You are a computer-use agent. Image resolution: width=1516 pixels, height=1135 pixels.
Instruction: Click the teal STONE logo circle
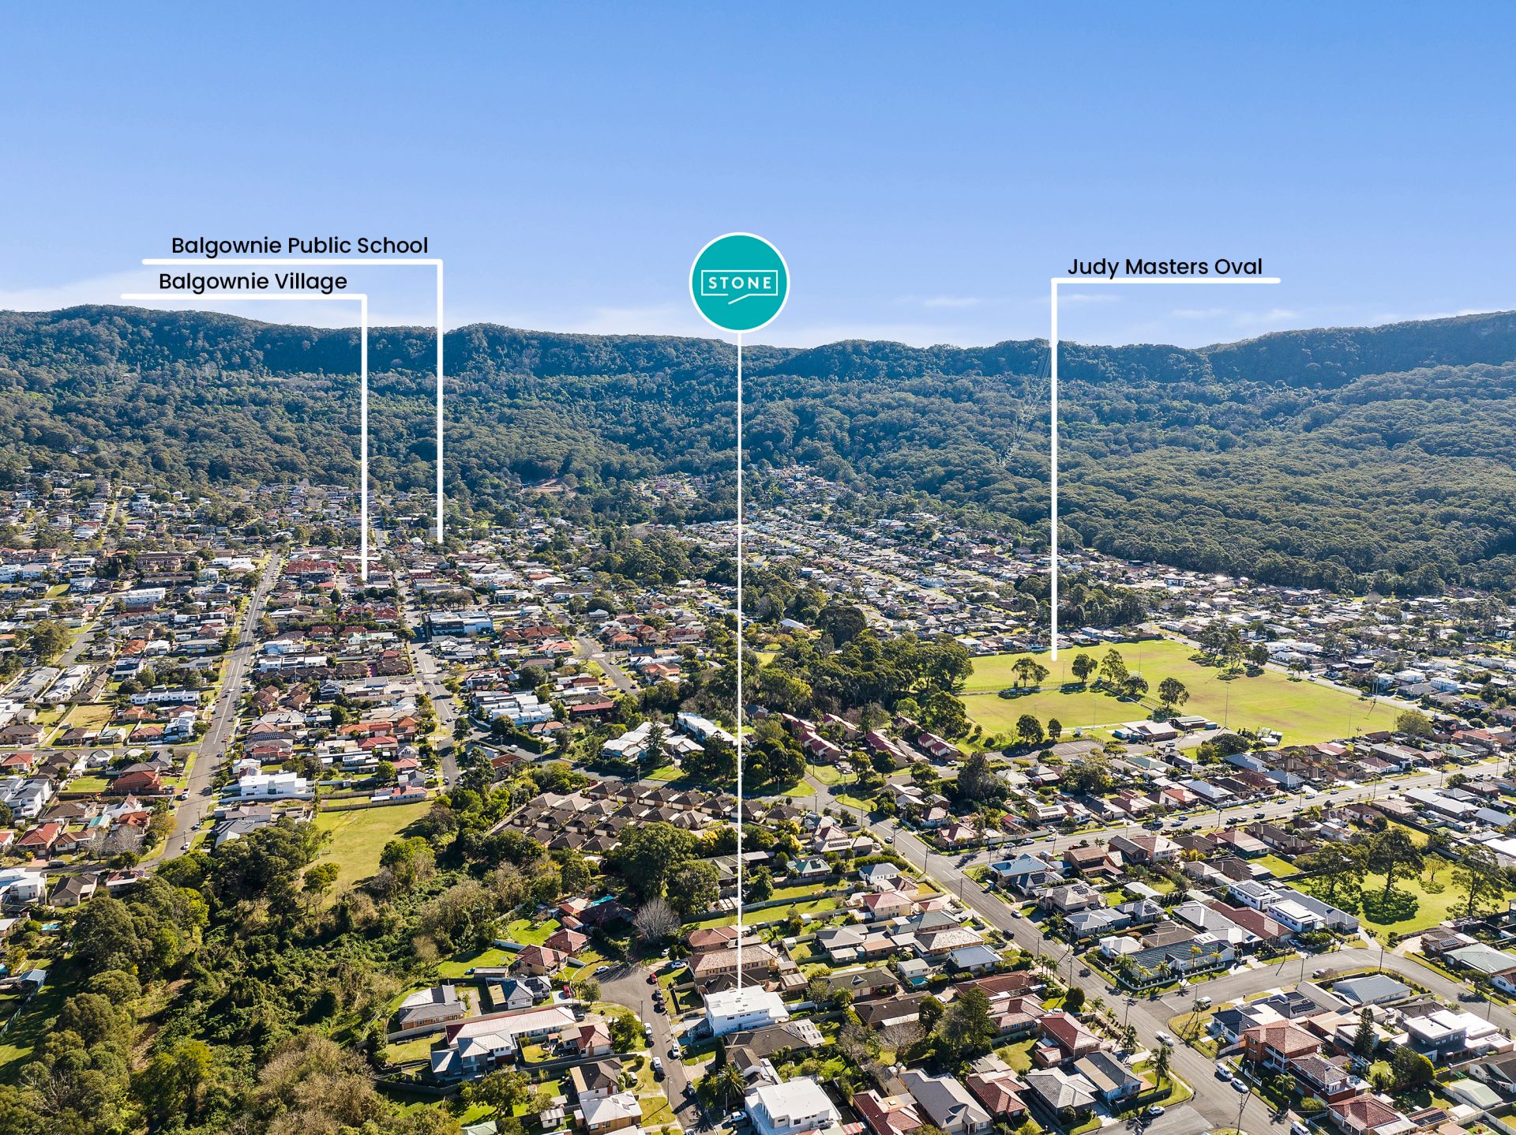pos(739,282)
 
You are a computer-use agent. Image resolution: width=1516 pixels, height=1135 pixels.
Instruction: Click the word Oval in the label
pos(1238,267)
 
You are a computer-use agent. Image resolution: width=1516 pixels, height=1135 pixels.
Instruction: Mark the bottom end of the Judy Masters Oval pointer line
pos(1054,658)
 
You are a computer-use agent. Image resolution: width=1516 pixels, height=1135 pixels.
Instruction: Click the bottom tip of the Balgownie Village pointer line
pos(364,578)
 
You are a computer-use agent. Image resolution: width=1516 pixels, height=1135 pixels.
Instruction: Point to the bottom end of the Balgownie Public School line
pos(440,539)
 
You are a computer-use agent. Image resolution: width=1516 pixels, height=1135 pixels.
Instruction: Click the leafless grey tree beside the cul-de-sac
pos(655,920)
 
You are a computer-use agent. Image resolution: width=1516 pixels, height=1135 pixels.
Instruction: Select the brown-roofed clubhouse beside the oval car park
pos(1149,731)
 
